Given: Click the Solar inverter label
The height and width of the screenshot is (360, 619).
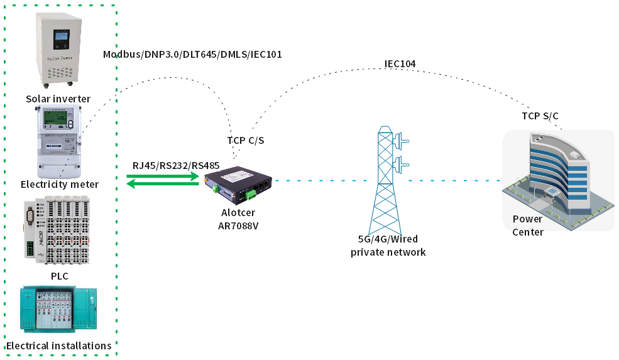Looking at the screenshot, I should click(x=58, y=99).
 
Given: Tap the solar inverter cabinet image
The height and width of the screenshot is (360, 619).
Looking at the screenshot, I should click(x=58, y=48).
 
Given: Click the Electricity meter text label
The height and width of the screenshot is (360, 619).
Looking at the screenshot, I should click(x=60, y=185).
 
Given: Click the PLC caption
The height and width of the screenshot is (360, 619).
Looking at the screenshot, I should click(x=59, y=276).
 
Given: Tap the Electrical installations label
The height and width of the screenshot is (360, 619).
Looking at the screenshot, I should click(x=58, y=346).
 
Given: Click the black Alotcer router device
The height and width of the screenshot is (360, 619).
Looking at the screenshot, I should click(x=238, y=184).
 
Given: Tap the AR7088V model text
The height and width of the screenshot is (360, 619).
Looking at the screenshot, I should click(x=239, y=224).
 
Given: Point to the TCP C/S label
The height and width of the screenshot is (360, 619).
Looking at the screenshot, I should click(x=245, y=140).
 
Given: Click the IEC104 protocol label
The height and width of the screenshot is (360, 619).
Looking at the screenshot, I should click(x=400, y=63).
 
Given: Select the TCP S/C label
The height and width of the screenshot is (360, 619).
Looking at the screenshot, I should click(x=540, y=116).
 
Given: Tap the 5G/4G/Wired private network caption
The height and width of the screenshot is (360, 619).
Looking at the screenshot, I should click(x=388, y=246).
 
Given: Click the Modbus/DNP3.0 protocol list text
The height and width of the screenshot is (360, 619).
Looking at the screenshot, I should click(x=192, y=55).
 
